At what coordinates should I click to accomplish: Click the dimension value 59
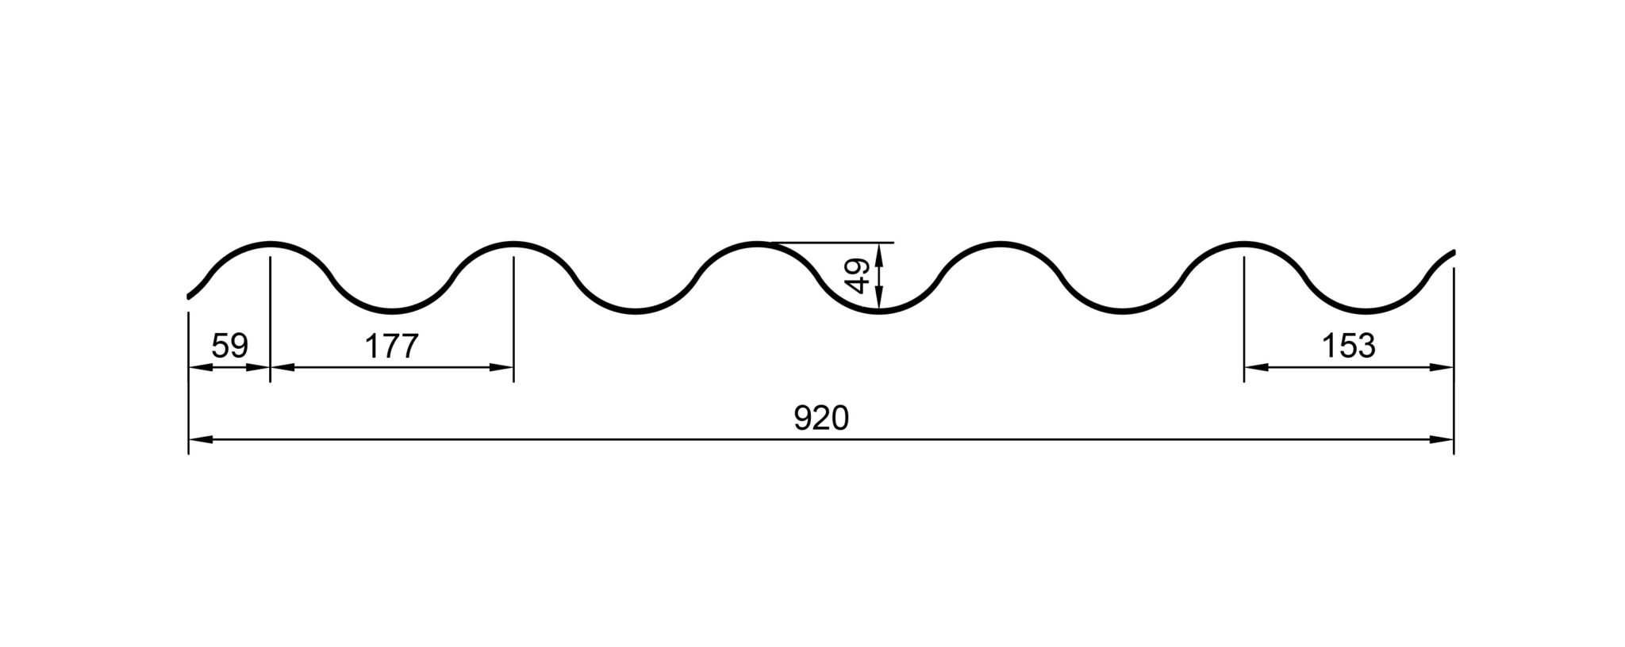pyautogui.click(x=230, y=346)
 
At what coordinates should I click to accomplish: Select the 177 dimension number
pyautogui.click(x=390, y=346)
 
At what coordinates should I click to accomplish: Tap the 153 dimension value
pyautogui.click(x=1348, y=346)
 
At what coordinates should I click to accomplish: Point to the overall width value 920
pyautogui.click(x=821, y=418)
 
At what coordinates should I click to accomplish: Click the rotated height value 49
pyautogui.click(x=859, y=276)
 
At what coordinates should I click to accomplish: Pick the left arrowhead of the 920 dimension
pyautogui.click(x=201, y=439)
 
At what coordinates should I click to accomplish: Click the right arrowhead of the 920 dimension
pyautogui.click(x=1441, y=439)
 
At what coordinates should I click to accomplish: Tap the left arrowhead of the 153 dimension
pyautogui.click(x=1256, y=367)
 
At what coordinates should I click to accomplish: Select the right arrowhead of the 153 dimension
pyautogui.click(x=1441, y=367)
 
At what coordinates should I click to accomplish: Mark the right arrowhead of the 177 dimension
pyautogui.click(x=501, y=367)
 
